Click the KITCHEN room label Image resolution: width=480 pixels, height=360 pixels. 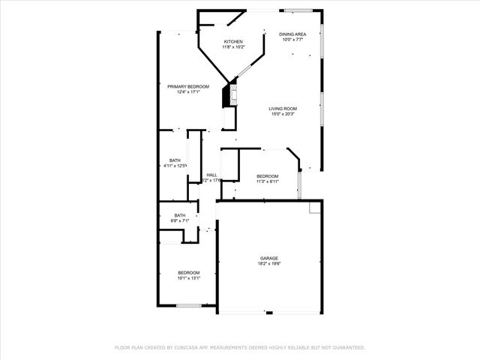(232, 41)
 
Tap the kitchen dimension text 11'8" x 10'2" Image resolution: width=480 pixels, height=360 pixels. (232, 47)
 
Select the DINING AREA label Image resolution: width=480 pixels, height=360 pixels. (292, 34)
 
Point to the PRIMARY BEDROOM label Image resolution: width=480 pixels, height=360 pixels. (187, 87)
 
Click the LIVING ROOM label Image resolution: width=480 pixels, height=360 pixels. (283, 109)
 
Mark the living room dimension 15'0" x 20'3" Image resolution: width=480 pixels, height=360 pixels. (283, 115)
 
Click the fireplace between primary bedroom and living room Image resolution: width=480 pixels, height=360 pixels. (227, 96)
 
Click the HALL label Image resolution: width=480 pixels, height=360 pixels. (211, 175)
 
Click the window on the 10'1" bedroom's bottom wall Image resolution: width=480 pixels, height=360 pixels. (188, 305)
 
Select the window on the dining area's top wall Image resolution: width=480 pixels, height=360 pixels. (298, 10)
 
